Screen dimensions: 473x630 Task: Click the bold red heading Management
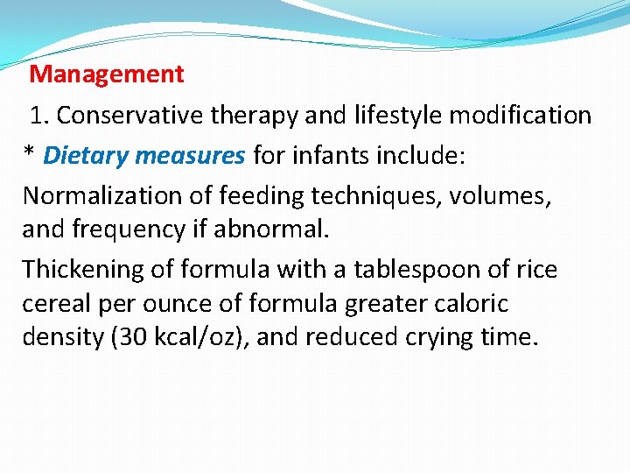[107, 74]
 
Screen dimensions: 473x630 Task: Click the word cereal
[54, 304]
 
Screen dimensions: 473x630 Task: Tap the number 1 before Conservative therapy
[37, 116]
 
